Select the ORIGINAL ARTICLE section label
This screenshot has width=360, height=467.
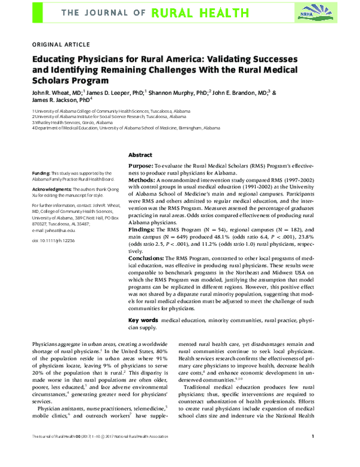point(60,44)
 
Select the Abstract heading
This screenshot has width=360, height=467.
point(140,155)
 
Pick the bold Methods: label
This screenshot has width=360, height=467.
point(142,179)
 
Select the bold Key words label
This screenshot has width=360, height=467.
point(144,321)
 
